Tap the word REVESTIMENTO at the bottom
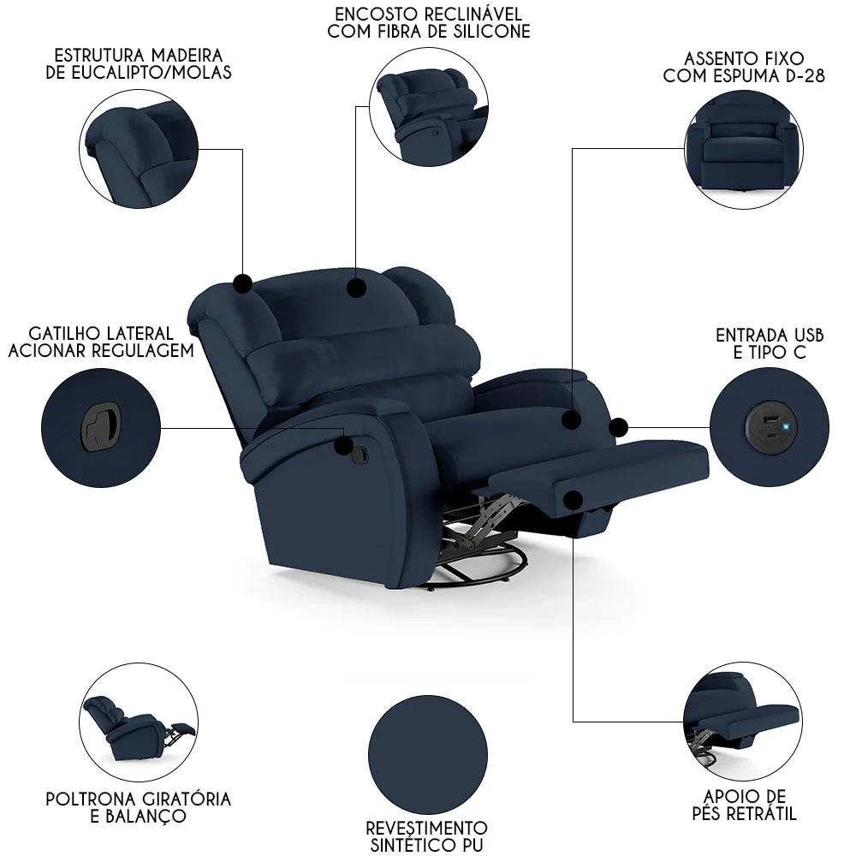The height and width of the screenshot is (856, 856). (x=426, y=828)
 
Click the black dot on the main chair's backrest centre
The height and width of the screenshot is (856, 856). (x=355, y=288)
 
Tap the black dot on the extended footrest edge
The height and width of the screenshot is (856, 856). (x=573, y=498)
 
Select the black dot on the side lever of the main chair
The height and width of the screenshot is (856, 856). (x=344, y=446)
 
